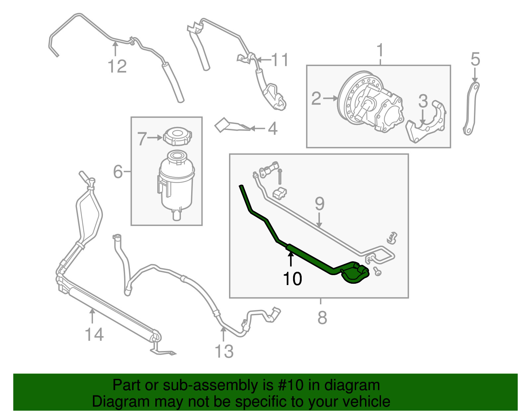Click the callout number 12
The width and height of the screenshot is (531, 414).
pos(117,66)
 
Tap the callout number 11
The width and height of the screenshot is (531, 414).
pos(280,60)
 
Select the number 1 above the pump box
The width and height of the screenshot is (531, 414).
pos(380,50)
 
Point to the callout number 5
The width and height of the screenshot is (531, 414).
pos(475,59)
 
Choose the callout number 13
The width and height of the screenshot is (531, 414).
pos(224,351)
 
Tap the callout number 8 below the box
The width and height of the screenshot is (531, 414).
pos(322,318)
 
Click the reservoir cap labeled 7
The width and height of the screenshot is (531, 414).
pos(178,136)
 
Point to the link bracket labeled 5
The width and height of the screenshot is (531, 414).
pos(471,109)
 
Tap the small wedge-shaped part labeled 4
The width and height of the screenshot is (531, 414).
pos(232,125)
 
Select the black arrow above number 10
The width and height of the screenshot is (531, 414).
pos(290,259)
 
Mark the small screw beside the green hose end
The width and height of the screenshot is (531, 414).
pos(377,271)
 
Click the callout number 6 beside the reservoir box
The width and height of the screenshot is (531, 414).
pos(118,171)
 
